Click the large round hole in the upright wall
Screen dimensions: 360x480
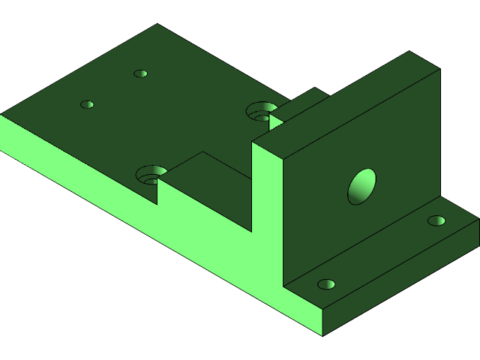(361, 187)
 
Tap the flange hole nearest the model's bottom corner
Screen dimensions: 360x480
(326, 284)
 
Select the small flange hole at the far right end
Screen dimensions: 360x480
(436, 220)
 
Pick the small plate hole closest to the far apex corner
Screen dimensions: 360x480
(140, 73)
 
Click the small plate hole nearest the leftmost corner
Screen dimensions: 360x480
(87, 104)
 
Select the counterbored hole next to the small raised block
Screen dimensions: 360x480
(260, 112)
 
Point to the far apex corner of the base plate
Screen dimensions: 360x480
(157, 25)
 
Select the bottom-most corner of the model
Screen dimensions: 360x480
(322, 334)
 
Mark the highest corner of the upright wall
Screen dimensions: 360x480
(409, 52)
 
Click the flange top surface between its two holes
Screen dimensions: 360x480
(382, 252)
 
